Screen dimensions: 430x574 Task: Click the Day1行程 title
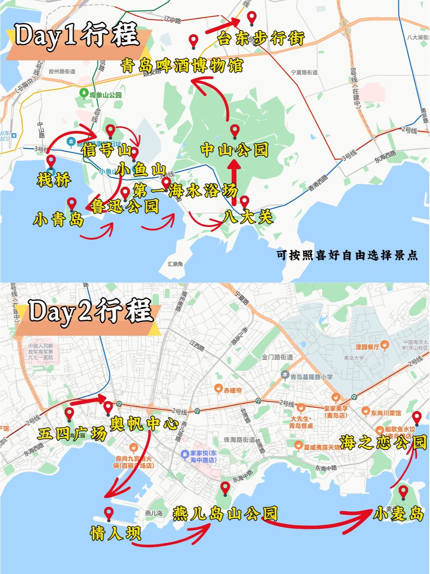[x=77, y=35]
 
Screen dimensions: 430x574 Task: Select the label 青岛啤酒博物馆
[x=182, y=65]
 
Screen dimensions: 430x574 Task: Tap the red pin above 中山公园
[x=235, y=131]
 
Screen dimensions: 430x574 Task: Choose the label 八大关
[x=248, y=217]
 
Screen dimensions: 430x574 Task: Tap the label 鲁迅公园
[x=125, y=206]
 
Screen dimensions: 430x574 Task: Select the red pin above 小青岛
[x=72, y=204]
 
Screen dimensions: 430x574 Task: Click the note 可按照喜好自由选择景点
[x=347, y=255]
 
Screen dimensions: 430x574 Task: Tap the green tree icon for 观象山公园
[x=84, y=93]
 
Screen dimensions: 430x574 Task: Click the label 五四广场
[x=72, y=434]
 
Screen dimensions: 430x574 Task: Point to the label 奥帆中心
[x=144, y=424]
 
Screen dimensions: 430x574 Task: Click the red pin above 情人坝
[x=109, y=513]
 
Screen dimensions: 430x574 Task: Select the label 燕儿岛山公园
[x=225, y=513]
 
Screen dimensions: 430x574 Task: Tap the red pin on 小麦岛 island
[x=403, y=491]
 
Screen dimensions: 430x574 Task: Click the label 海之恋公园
[x=383, y=442]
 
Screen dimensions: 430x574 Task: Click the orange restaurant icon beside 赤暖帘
[x=218, y=388]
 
